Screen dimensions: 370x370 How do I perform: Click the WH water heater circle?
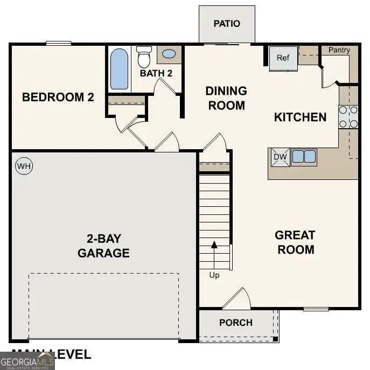[24, 166]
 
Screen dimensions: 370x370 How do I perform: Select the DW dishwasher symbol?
[280, 157]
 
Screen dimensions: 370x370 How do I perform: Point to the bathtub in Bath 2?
[120, 69]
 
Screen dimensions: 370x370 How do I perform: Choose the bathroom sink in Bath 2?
[169, 54]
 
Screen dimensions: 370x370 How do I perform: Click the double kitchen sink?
[304, 157]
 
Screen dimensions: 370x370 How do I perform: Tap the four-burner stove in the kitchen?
[348, 117]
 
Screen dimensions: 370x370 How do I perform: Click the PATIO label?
[227, 24]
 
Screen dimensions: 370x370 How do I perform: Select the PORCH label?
[236, 323]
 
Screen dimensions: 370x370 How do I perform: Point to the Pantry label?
[339, 50]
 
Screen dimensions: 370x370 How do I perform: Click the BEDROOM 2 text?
[58, 97]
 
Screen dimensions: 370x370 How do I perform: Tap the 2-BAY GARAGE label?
[103, 246]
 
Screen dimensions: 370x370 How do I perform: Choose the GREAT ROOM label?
[295, 242]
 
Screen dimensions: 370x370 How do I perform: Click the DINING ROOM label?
[226, 98]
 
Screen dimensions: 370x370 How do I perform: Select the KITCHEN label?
[300, 117]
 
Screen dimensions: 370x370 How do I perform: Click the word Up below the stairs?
[214, 275]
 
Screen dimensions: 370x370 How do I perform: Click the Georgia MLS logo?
[27, 360]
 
